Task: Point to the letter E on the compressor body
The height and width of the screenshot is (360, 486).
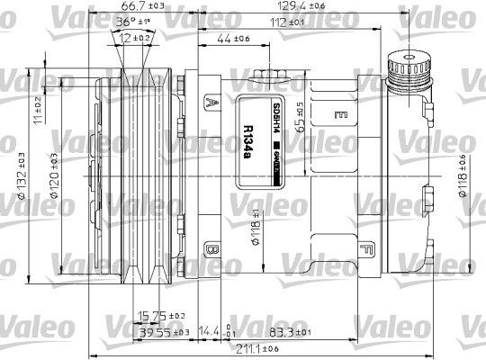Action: pyautogui.click(x=342, y=115)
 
